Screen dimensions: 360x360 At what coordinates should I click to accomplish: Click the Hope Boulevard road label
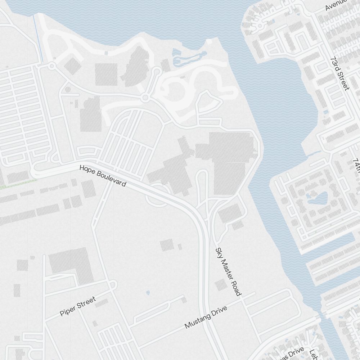[x=103, y=176]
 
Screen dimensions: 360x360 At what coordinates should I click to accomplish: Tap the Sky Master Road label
[x=228, y=271]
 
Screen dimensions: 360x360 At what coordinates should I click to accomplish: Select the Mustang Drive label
[x=206, y=317]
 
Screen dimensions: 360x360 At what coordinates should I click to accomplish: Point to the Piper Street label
[x=78, y=306]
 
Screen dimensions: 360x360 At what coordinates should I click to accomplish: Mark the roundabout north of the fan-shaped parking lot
[x=145, y=98]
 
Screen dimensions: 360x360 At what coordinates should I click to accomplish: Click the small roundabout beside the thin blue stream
[x=51, y=66]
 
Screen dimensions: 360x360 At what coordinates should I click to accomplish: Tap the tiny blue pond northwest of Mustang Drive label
[x=148, y=293]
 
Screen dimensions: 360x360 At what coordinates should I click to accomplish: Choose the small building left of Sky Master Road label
[x=220, y=285]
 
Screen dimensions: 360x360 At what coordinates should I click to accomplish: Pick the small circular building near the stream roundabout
[x=67, y=90]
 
